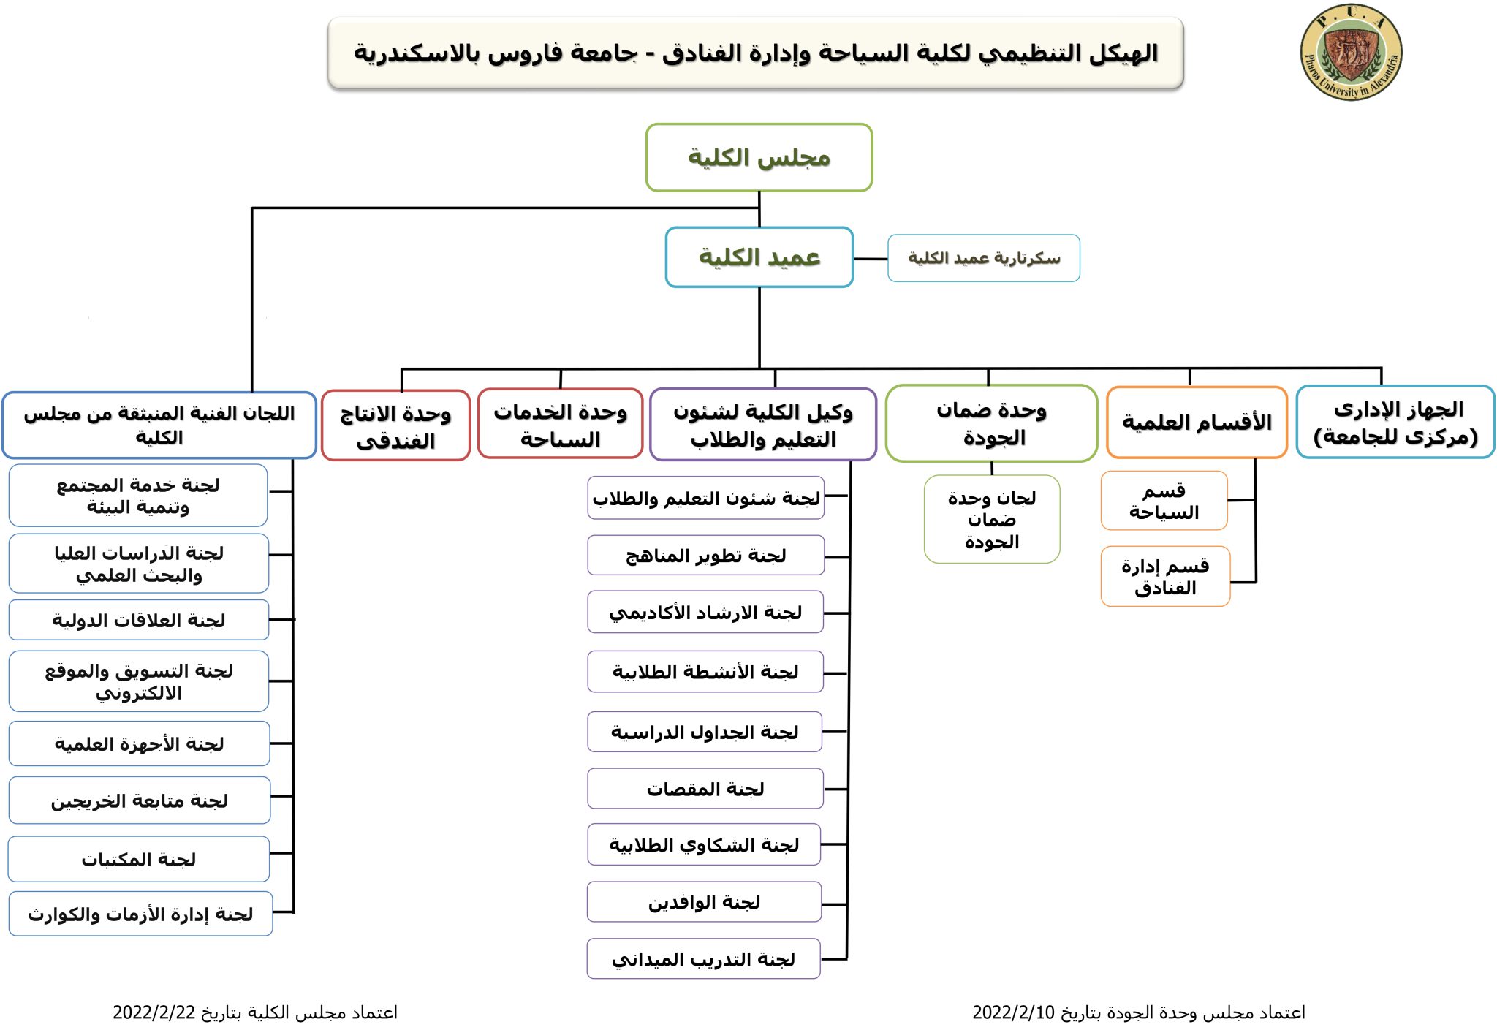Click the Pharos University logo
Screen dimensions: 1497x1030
click(1351, 52)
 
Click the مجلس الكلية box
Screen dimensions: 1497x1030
click(759, 157)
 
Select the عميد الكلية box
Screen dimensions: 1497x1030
click(759, 257)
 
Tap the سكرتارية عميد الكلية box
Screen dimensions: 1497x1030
click(984, 258)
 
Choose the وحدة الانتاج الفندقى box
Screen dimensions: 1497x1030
click(395, 425)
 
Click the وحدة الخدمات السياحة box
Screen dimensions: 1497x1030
click(561, 424)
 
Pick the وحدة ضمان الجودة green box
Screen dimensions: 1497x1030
click(991, 423)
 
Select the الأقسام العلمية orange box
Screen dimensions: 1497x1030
click(1197, 423)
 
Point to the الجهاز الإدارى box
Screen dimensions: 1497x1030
click(1395, 422)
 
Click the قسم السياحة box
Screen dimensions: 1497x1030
click(1164, 501)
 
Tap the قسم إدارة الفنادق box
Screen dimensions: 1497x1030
click(1165, 576)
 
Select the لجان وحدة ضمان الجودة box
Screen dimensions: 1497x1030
click(992, 519)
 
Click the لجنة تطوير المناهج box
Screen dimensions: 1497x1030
click(705, 556)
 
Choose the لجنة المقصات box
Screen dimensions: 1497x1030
click(705, 789)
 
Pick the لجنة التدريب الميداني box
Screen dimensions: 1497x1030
click(703, 958)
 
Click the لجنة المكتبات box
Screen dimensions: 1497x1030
click(139, 859)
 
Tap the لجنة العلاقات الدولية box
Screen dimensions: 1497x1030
click(139, 620)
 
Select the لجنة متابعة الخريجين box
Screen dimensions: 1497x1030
click(140, 800)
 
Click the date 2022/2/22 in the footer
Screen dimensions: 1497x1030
click(154, 1012)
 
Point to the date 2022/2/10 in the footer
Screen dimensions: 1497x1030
click(1014, 1012)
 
